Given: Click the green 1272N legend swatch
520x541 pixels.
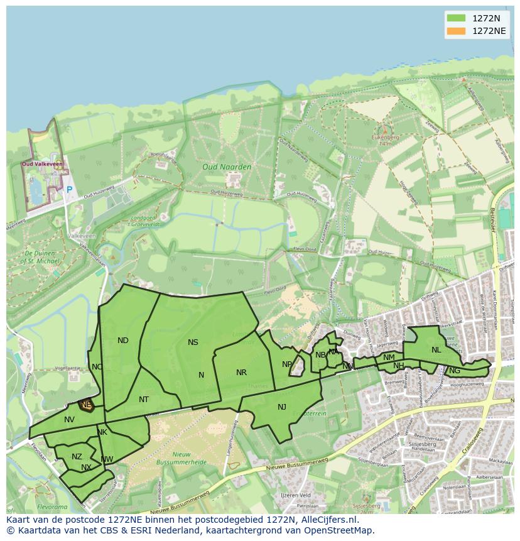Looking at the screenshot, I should click(x=456, y=18).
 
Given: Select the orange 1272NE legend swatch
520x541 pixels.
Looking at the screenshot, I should click(x=456, y=31).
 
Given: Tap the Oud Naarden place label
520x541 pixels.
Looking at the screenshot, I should click(x=227, y=167).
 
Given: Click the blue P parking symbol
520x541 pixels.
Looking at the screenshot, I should click(x=69, y=189).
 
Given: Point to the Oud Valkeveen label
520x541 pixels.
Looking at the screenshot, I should click(x=38, y=165).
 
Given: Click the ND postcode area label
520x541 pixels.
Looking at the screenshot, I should click(x=123, y=341).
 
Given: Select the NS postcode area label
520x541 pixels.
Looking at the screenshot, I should click(x=193, y=342).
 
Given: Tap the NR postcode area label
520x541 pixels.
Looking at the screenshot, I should click(x=241, y=373).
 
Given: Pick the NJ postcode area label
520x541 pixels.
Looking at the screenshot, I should click(x=282, y=407).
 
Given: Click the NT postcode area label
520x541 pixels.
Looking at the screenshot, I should click(x=144, y=400).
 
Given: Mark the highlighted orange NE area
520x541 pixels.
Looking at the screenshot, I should click(x=86, y=405).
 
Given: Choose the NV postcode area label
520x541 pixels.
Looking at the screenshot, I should click(x=69, y=419).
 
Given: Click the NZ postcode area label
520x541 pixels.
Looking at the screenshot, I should click(x=77, y=457).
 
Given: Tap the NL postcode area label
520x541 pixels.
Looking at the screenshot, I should click(x=436, y=350).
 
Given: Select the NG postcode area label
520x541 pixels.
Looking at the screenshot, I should click(x=455, y=371).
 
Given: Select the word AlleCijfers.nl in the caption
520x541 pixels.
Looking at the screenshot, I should click(x=327, y=520).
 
